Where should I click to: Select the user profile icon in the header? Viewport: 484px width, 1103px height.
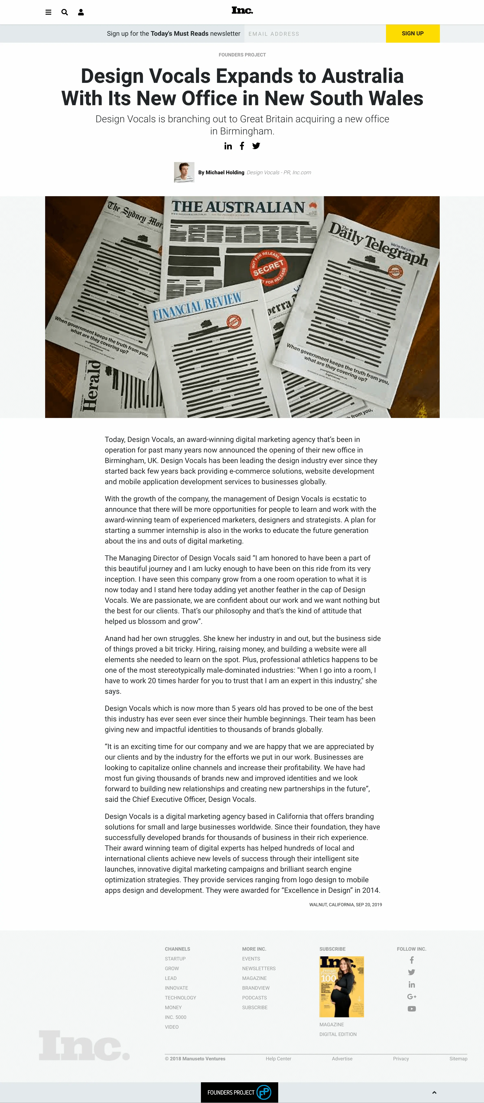tap(81, 12)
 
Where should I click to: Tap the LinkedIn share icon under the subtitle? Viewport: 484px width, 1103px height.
tap(228, 146)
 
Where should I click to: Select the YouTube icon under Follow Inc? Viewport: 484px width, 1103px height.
tap(412, 1009)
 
